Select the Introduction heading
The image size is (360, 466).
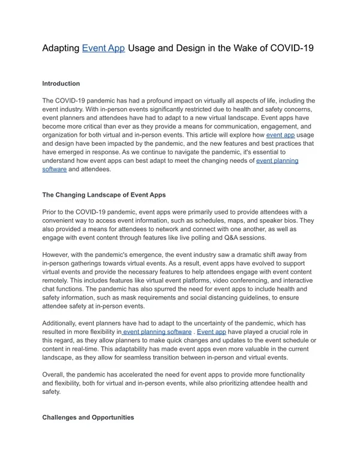tap(61, 83)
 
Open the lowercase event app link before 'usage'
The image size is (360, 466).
tap(280, 136)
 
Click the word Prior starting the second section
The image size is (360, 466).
tap(50, 213)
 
